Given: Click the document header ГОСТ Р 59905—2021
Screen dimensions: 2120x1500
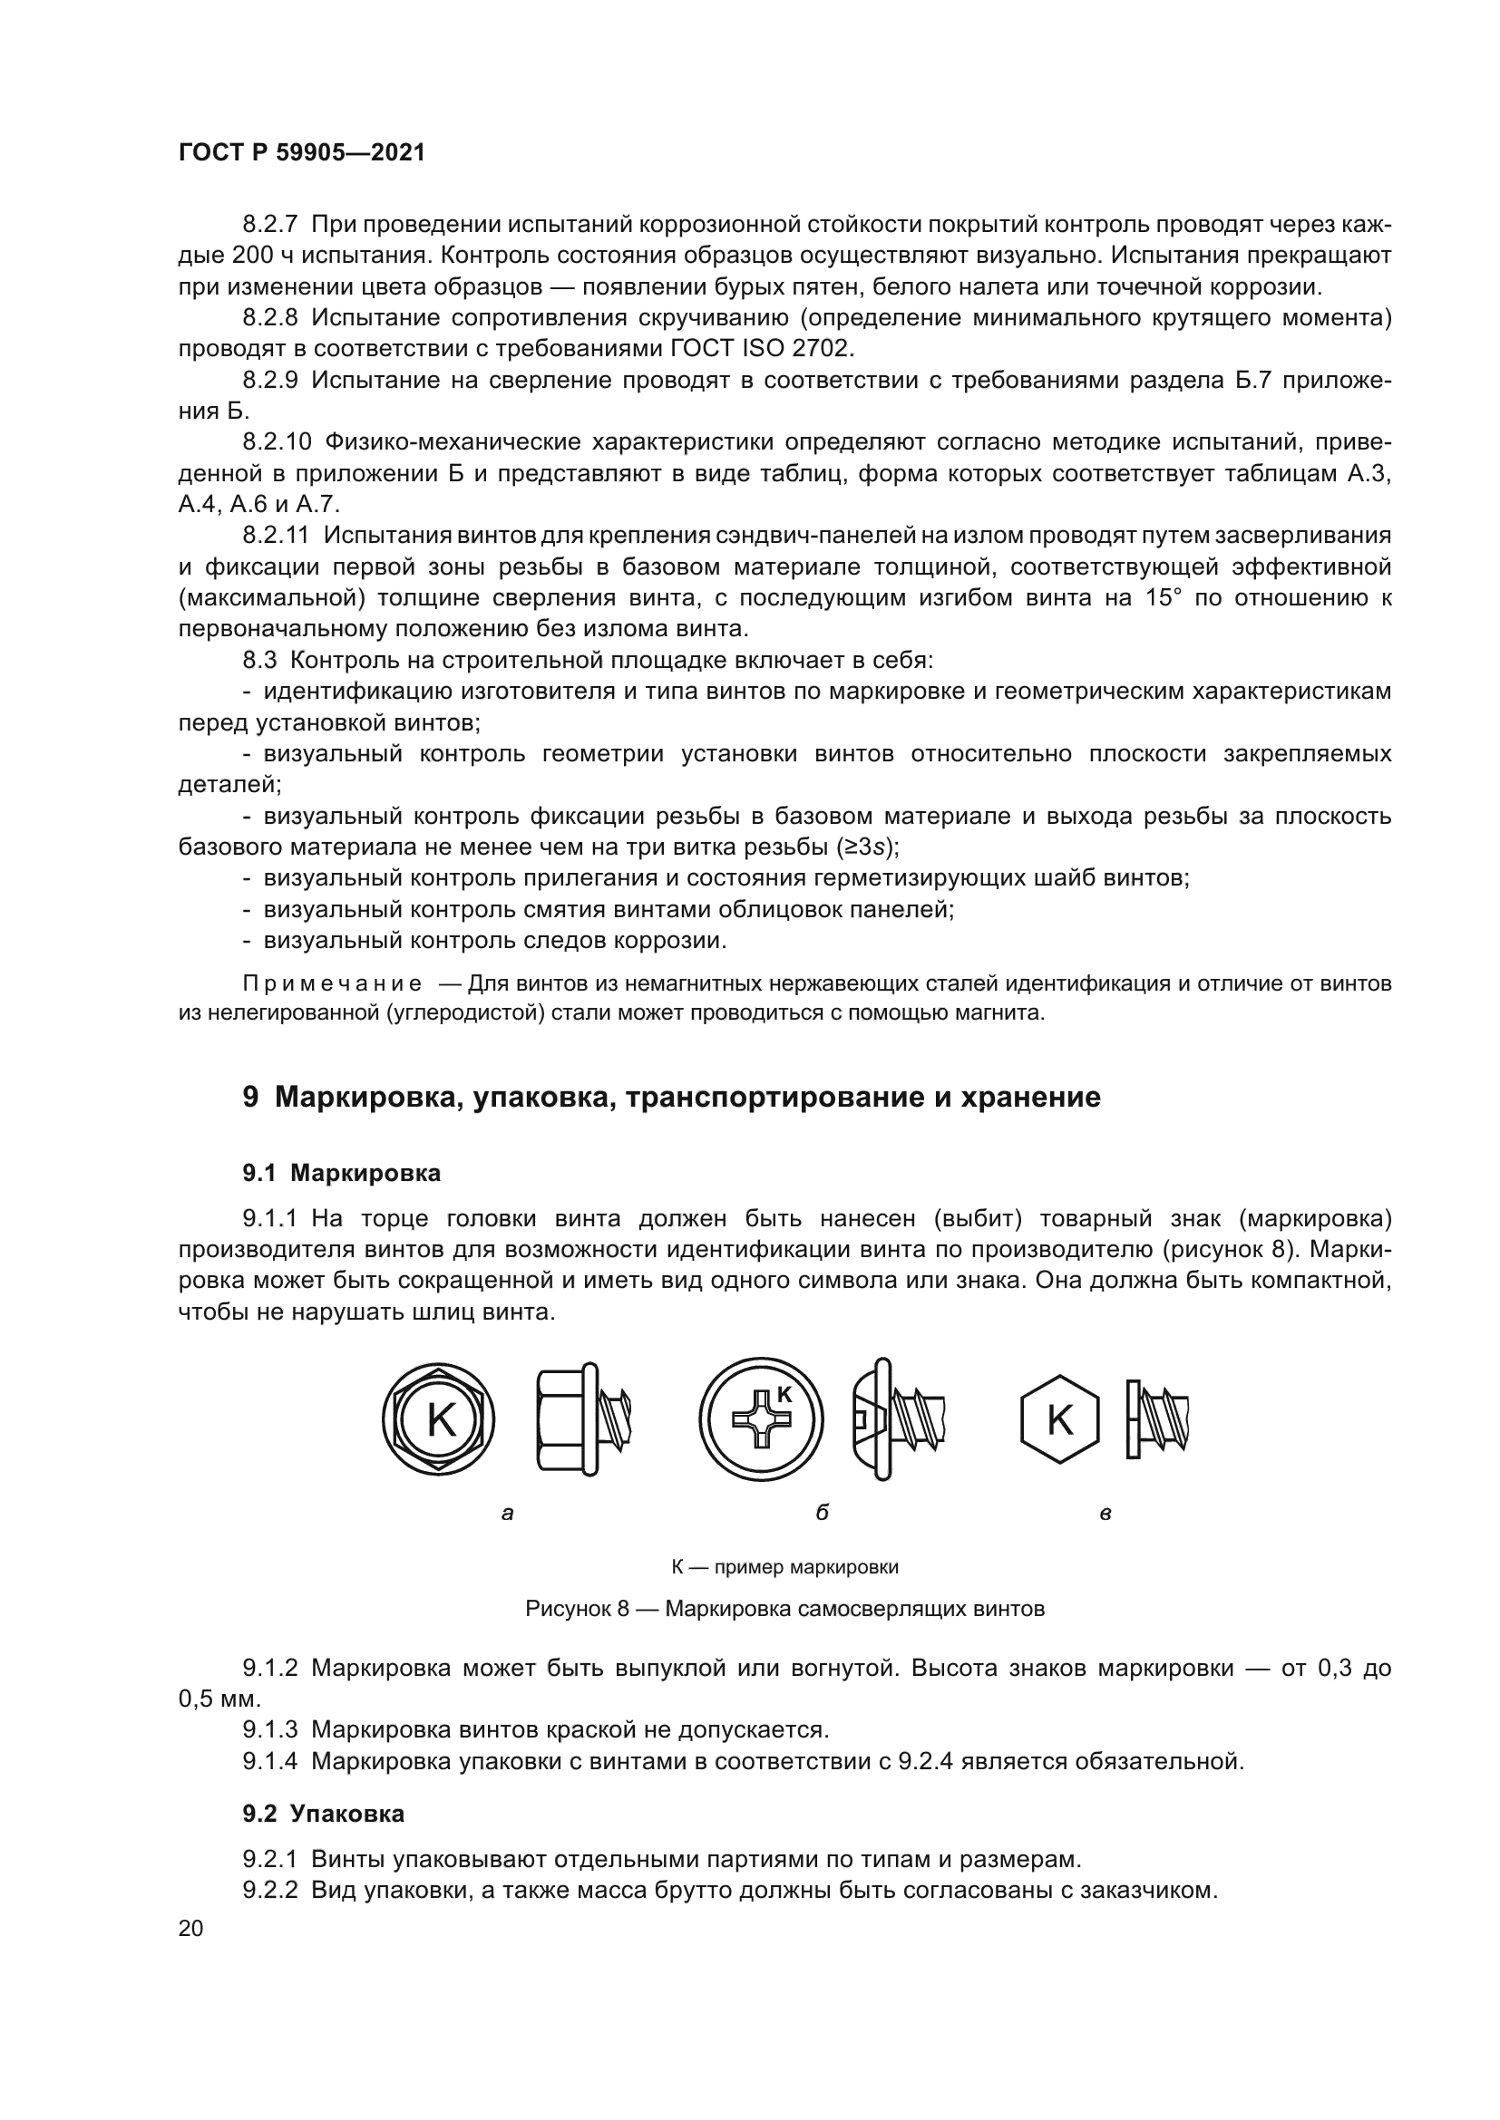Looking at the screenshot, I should [x=301, y=153].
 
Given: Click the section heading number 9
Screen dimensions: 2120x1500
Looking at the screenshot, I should [x=250, y=1098].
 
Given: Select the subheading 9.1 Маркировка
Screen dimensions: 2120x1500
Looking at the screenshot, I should [x=341, y=1174].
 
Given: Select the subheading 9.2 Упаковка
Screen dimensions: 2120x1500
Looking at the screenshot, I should [x=323, y=1814].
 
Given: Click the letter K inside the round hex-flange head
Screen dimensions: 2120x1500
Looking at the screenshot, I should [x=441, y=1420].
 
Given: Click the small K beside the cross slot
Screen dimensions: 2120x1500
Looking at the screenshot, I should [x=784, y=1395].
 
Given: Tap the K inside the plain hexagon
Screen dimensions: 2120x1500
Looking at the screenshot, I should [x=1059, y=1420].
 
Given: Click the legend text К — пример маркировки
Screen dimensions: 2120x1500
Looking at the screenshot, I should [x=784, y=1567].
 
